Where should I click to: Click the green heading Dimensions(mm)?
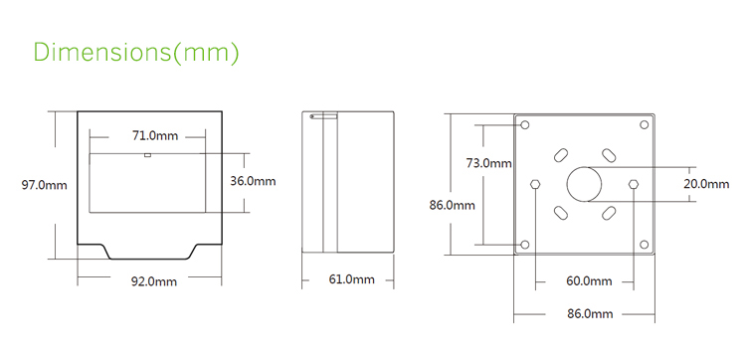tap(136, 53)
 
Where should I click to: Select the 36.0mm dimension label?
tap(253, 182)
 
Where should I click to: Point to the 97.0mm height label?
tap(45, 184)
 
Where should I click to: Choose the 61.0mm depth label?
tap(351, 280)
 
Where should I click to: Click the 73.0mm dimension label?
tap(488, 163)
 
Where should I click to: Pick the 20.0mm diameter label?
tap(707, 183)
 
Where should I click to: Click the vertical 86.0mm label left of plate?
tap(451, 206)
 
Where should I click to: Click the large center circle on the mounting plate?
tap(585, 184)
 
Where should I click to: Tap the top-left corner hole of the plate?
tap(525, 125)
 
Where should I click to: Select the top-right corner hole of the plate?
tap(645, 125)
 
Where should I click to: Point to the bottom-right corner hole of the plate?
tap(645, 244)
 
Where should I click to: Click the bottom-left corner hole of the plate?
tap(525, 244)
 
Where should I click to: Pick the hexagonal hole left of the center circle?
tap(537, 184)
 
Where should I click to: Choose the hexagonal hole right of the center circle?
tap(634, 183)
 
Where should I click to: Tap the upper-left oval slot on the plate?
tap(560, 156)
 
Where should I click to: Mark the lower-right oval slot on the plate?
tap(608, 212)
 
